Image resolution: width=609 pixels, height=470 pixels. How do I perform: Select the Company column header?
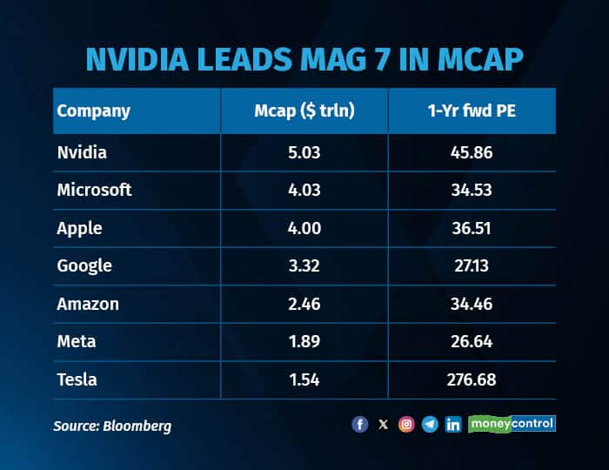pos(93,111)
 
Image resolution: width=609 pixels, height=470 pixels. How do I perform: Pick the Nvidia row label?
pos(84,152)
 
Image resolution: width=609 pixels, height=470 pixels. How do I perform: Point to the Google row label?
pos(84,266)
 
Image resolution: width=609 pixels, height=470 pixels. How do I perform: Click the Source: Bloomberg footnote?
pos(113,426)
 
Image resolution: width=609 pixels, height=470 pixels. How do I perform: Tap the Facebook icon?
pos(359,425)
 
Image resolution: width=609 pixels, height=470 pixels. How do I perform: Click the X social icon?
pos(383,425)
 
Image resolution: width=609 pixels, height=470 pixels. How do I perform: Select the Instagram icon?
pos(406,425)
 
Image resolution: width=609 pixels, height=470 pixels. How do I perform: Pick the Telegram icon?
pos(430,425)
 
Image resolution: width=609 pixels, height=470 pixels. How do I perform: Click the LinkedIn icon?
pos(453,425)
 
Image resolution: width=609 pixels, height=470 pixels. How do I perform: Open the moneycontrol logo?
pos(512,424)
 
